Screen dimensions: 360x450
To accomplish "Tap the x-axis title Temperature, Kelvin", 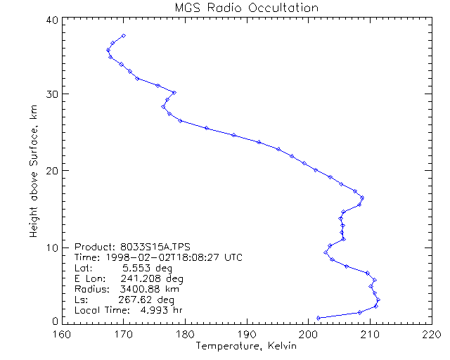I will point(246,345).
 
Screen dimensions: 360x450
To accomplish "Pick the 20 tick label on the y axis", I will point(51,171).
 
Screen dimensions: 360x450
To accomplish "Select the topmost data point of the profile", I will point(124,35).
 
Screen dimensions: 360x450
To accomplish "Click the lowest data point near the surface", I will point(319,318).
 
